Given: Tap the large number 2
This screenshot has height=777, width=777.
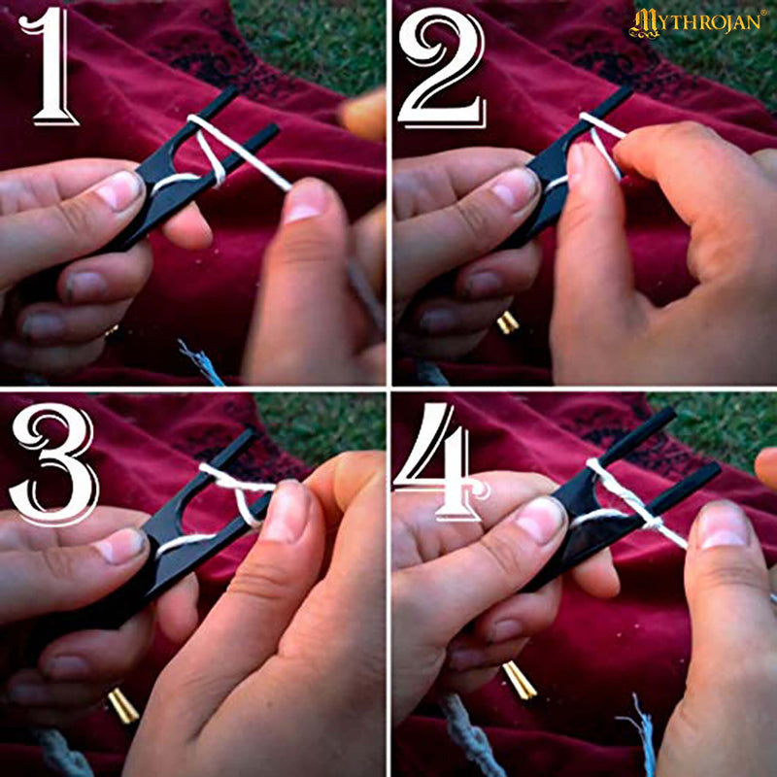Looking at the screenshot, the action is [441, 67].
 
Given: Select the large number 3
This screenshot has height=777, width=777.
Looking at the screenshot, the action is [53, 463].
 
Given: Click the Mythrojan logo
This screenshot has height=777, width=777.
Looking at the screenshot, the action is [697, 22].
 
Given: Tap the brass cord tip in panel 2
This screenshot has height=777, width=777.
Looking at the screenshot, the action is [507, 322].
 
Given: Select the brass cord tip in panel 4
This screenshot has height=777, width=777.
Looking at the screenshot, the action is [520, 680].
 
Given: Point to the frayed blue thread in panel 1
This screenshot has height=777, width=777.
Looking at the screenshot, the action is [201, 361].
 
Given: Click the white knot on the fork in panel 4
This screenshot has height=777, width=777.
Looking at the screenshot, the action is [652, 523].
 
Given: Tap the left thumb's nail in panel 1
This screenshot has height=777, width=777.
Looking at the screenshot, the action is [118, 189].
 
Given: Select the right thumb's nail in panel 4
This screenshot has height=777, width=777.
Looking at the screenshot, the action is [724, 526].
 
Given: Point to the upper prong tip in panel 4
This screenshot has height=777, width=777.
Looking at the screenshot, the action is [670, 412].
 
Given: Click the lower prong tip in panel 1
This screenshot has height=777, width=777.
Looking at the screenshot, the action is [274, 128].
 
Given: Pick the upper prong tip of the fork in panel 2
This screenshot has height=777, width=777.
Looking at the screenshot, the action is [628, 89].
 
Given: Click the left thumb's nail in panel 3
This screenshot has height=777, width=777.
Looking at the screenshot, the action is [120, 548].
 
